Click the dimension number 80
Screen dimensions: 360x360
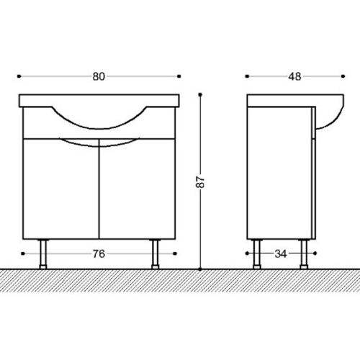click(x=99, y=76)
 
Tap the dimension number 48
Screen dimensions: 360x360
click(x=294, y=76)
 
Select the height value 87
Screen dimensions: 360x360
click(x=201, y=182)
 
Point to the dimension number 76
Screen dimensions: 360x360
click(x=99, y=253)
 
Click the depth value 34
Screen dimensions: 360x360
click(x=281, y=253)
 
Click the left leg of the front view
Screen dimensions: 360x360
click(x=43, y=254)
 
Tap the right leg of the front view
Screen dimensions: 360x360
click(x=156, y=254)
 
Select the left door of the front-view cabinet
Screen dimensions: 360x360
click(x=61, y=189)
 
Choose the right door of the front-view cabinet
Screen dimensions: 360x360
click(x=137, y=189)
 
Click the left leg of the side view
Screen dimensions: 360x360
click(x=257, y=254)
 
